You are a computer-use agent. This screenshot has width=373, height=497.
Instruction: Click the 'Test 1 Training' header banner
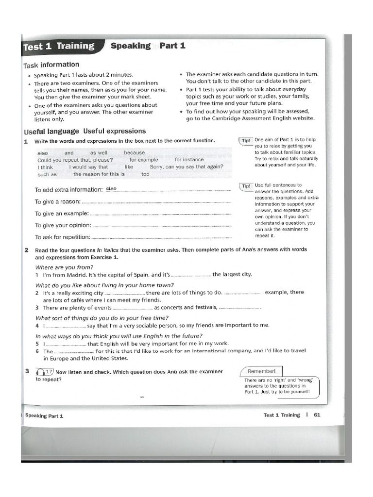[x=59, y=47]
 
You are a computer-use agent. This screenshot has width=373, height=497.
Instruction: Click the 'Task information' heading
[x=51, y=65]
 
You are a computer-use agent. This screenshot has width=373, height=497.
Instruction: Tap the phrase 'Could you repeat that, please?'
[x=75, y=160]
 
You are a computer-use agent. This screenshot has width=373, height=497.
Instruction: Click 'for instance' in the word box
[x=189, y=160]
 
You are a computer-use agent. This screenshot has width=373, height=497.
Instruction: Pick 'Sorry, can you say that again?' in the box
[x=186, y=167]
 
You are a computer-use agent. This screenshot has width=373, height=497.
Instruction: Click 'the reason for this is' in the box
[x=99, y=174]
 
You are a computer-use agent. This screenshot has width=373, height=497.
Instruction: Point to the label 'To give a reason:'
[x=57, y=202]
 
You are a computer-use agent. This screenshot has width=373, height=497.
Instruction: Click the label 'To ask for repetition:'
[x=62, y=237]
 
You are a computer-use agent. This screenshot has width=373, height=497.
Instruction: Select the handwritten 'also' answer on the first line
[x=111, y=189]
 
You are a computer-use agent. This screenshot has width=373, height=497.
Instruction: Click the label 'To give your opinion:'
[x=63, y=225]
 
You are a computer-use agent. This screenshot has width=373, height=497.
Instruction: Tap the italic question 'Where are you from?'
[x=64, y=267]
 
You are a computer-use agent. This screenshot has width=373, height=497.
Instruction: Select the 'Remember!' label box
[x=261, y=371]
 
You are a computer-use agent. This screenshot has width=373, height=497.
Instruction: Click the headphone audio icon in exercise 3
[x=40, y=372]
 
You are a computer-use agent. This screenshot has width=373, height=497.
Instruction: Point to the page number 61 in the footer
[x=317, y=415]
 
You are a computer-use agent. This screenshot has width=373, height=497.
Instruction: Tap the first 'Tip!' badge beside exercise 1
[x=246, y=141]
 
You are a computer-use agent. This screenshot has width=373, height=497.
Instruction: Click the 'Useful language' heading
[x=51, y=132]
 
